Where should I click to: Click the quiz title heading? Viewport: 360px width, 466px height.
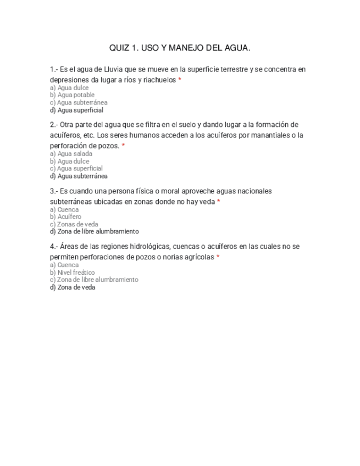pyautogui.click(x=180, y=48)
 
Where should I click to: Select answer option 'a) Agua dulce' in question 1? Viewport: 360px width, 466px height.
pyautogui.click(x=69, y=88)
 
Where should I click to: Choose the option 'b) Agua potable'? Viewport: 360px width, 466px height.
pyautogui.click(x=72, y=95)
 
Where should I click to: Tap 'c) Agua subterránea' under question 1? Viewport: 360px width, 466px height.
pyautogui.click(x=79, y=103)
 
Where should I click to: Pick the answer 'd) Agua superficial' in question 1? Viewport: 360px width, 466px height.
pyautogui.click(x=76, y=110)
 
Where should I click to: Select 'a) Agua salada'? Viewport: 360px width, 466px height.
pyautogui.click(x=71, y=154)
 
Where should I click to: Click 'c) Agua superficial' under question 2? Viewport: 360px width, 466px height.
pyautogui.click(x=76, y=169)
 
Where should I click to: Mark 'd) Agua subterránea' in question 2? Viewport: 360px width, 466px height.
pyautogui.click(x=79, y=176)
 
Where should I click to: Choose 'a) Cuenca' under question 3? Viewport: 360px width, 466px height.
pyautogui.click(x=64, y=209)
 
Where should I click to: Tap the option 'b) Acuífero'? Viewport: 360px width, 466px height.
pyautogui.click(x=65, y=217)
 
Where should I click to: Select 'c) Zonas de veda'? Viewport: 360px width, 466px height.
pyautogui.click(x=74, y=224)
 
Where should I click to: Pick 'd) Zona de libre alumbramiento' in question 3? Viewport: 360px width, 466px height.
pyautogui.click(x=94, y=232)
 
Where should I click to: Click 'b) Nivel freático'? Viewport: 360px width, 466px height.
pyautogui.click(x=72, y=273)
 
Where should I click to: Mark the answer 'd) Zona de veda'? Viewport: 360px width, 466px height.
pyautogui.click(x=73, y=287)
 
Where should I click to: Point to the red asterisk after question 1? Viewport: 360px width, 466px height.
pyautogui.click(x=180, y=80)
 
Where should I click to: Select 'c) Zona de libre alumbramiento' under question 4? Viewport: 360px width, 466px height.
pyautogui.click(x=94, y=280)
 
